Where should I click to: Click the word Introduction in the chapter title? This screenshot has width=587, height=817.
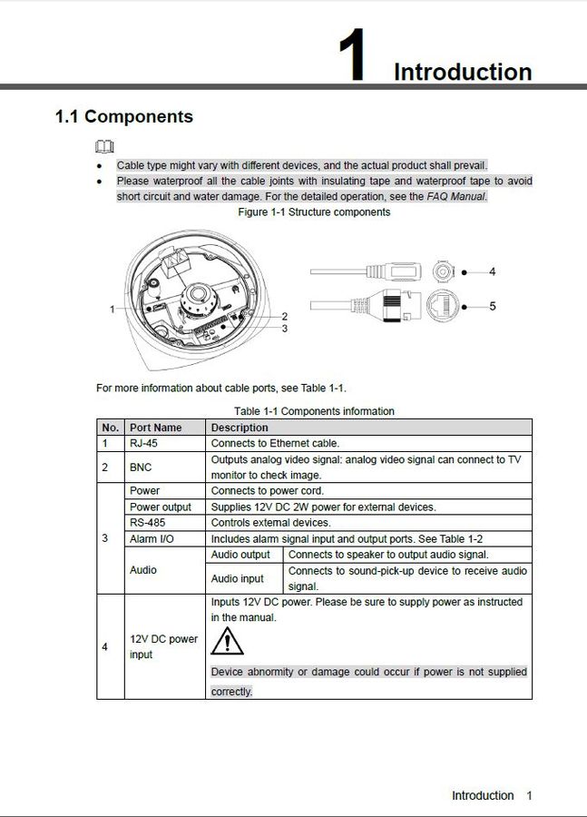pyautogui.click(x=463, y=72)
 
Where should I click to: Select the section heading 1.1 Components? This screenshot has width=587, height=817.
pyautogui.click(x=123, y=116)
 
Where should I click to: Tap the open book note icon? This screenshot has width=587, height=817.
pyautogui.click(x=105, y=147)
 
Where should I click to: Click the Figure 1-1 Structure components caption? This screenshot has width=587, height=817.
pyautogui.click(x=314, y=212)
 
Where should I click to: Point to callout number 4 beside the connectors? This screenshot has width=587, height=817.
pyautogui.click(x=492, y=271)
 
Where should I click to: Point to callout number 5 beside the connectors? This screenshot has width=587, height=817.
pyautogui.click(x=492, y=306)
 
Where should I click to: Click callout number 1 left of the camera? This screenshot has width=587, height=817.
pyautogui.click(x=113, y=309)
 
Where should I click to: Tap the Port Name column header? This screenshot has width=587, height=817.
pyautogui.click(x=155, y=428)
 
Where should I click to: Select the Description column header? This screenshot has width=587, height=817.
pyautogui.click(x=240, y=428)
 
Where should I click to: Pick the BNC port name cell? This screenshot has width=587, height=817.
pyautogui.click(x=141, y=467)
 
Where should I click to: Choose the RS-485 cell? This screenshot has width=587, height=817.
pyautogui.click(x=149, y=522)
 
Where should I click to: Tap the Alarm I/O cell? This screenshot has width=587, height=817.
pyautogui.click(x=152, y=538)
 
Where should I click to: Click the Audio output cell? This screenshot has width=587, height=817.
pyautogui.click(x=240, y=554)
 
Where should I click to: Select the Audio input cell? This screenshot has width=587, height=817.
pyautogui.click(x=238, y=578)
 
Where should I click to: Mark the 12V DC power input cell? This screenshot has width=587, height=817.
pyautogui.click(x=163, y=646)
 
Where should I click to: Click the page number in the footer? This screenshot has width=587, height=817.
pyautogui.click(x=528, y=795)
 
